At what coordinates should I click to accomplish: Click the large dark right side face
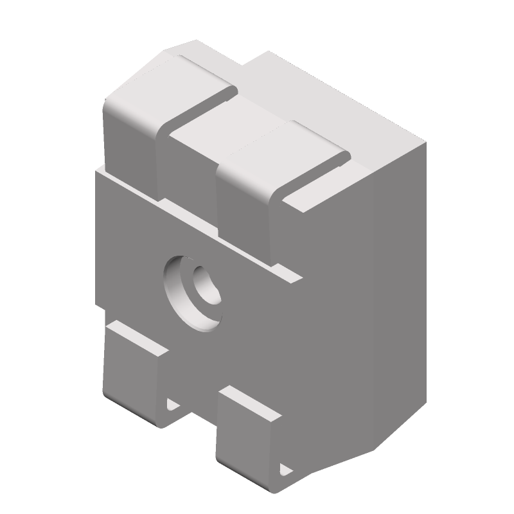[x=360, y=289]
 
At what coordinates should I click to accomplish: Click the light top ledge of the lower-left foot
[x=138, y=337]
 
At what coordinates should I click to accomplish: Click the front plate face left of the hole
[x=128, y=257]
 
